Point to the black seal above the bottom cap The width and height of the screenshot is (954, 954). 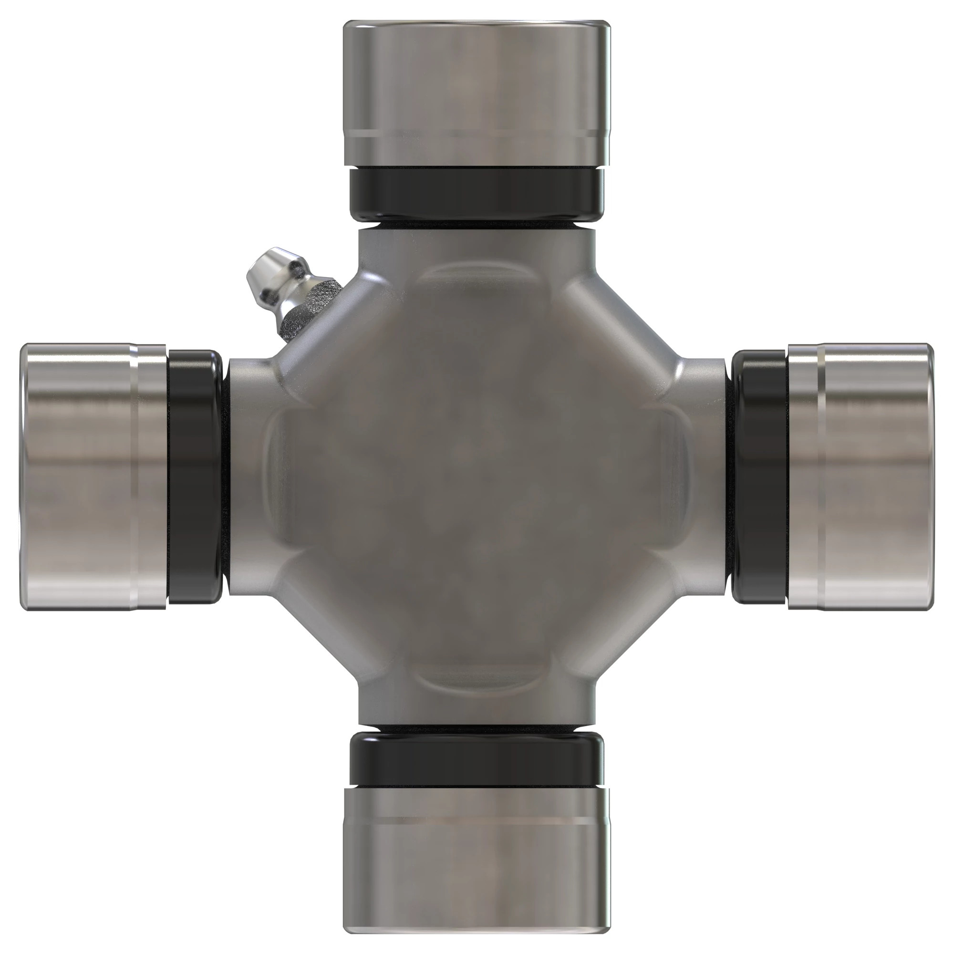point(477,760)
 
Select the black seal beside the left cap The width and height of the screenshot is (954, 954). point(194,477)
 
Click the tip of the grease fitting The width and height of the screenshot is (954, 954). point(262,267)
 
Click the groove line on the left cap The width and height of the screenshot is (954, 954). point(134,477)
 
